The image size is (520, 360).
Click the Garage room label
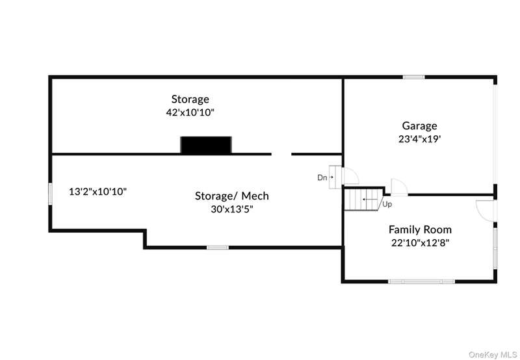pos(419,126)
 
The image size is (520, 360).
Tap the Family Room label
pos(420,229)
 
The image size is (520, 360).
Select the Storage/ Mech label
pos(232,196)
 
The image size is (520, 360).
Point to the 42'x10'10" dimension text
pos(190,112)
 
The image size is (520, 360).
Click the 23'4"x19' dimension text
pos(419,138)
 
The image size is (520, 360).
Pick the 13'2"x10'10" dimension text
pos(97,192)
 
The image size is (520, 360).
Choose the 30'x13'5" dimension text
pos(232,209)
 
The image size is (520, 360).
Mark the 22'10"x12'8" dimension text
pos(420,242)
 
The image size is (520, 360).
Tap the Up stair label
pos(387,204)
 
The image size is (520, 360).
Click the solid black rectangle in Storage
pos(205,145)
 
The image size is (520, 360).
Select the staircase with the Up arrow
pos(363,199)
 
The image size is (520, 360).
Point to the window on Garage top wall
pos(413,77)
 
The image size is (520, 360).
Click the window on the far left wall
pos(50,193)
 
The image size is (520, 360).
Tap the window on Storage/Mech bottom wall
pos(218,247)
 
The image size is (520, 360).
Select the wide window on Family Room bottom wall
pos(421,281)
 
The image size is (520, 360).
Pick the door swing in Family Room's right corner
pos(486,209)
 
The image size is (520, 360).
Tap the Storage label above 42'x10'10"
pos(190,99)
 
